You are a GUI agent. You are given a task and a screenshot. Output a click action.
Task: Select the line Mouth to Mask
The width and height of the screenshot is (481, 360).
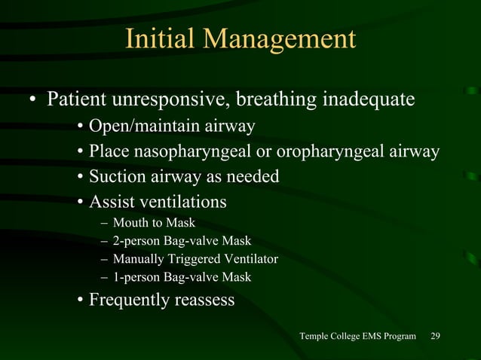[x=154, y=223]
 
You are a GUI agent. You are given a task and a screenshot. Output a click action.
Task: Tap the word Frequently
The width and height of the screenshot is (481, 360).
[x=130, y=301]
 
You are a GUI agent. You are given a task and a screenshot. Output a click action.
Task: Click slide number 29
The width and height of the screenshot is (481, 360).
[x=435, y=335]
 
